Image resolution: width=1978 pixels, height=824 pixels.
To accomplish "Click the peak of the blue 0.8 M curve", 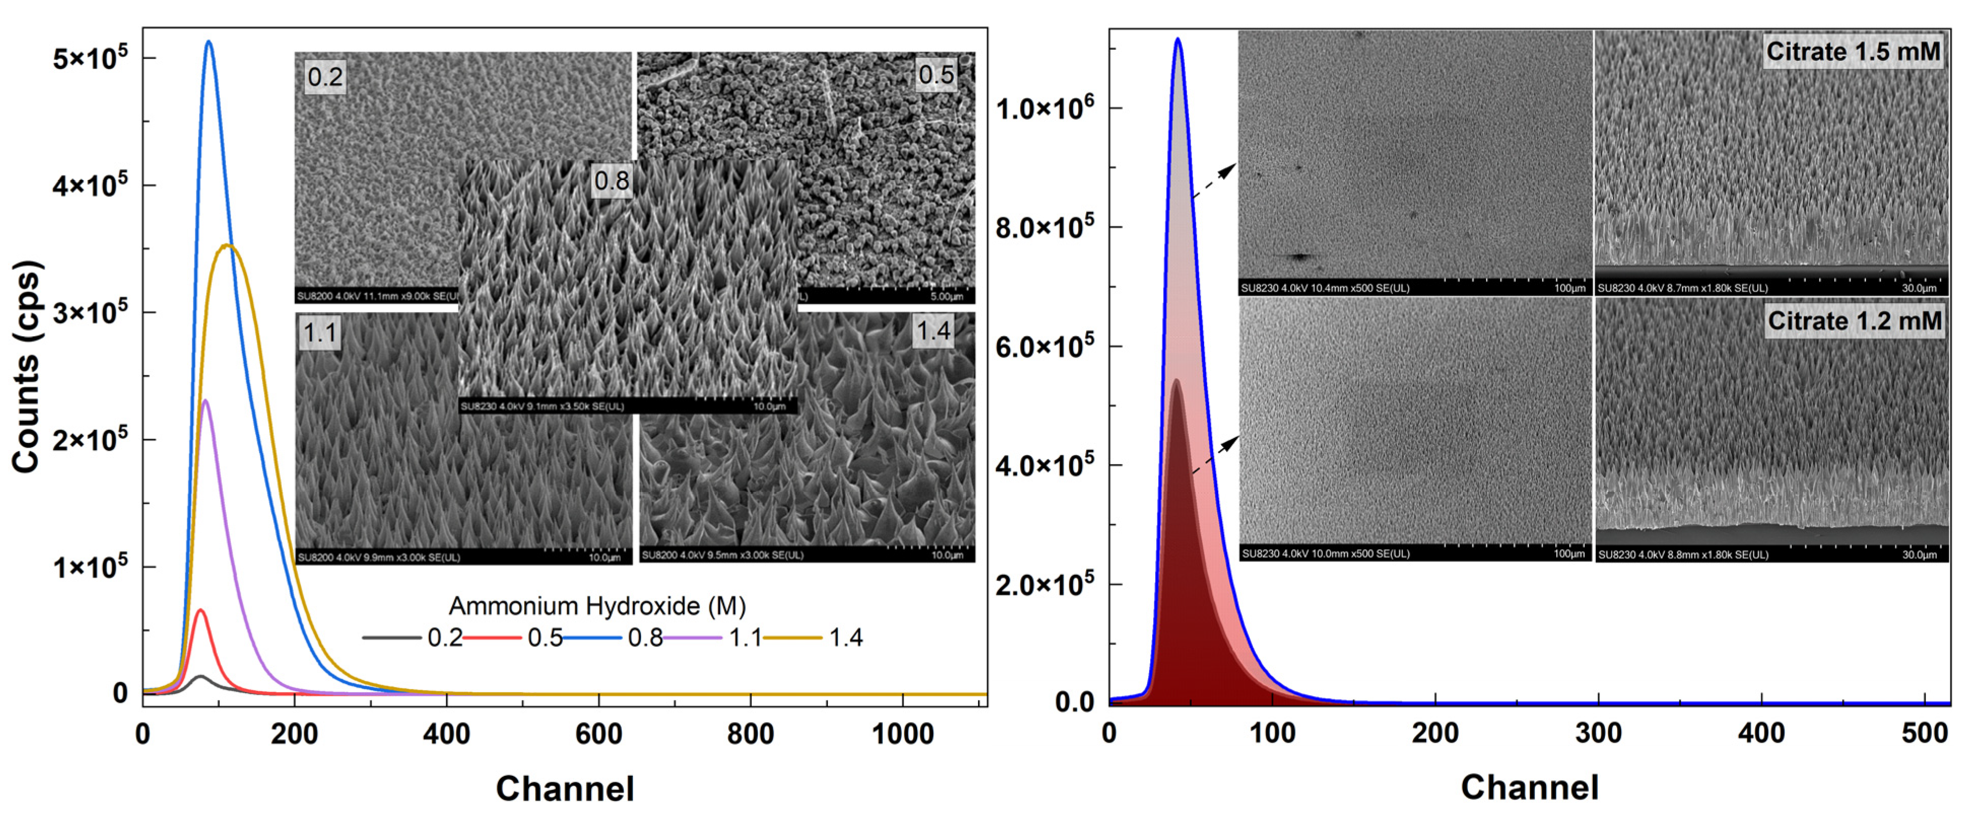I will coord(208,42).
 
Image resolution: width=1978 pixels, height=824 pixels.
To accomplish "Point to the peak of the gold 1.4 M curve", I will coord(227,246).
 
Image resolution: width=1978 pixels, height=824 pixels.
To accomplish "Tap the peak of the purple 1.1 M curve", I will coord(205,401).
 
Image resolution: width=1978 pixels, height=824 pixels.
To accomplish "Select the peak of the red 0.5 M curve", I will coord(201,610).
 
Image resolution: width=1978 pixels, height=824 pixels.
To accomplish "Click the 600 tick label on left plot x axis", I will coord(598,734).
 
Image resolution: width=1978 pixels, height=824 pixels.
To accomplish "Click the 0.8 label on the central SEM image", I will coord(611,181).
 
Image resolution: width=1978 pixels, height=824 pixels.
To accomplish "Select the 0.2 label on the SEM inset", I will coord(325,77).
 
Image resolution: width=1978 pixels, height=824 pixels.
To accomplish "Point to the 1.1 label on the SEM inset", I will coord(319,332).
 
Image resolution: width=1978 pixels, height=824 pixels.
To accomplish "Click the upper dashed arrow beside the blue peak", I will coord(1214,181).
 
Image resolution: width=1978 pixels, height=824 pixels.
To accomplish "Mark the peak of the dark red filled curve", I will coord(1176,380).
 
